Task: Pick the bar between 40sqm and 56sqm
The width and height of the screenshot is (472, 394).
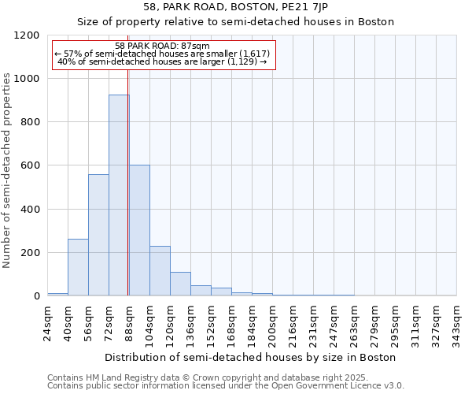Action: click(78, 267)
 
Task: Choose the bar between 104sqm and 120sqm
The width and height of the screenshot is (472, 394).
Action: click(160, 271)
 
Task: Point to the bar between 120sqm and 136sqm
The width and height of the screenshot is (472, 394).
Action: click(180, 284)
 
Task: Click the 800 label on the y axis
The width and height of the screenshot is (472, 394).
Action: click(30, 122)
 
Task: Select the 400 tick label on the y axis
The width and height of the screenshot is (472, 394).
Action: click(30, 210)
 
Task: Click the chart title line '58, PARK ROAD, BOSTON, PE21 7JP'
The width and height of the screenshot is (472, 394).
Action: click(235, 7)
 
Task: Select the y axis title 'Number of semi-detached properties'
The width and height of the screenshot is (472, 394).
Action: click(8, 166)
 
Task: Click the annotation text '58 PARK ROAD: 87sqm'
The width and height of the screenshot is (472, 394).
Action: click(162, 46)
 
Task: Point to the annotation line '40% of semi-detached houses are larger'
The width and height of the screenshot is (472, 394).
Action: click(162, 61)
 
